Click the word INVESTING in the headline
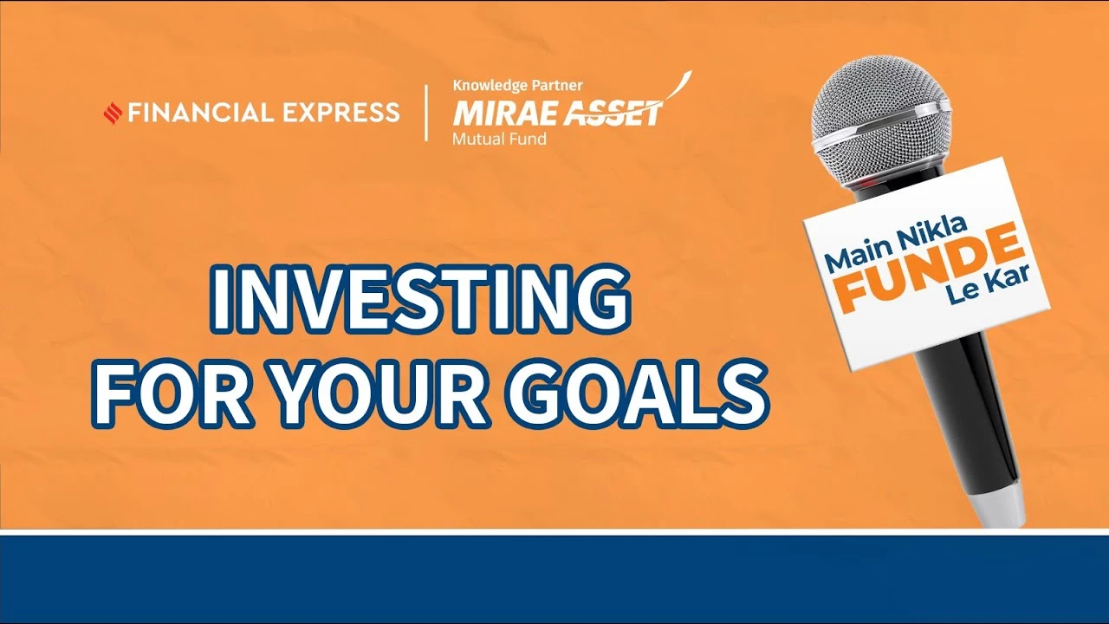tap(421, 299)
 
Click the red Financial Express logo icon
tap(113, 113)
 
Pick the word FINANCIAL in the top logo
tap(201, 113)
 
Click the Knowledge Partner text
tap(517, 86)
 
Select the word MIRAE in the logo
tap(507, 114)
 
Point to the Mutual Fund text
tap(499, 139)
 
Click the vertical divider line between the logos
tap(426, 113)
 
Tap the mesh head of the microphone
tap(879, 107)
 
